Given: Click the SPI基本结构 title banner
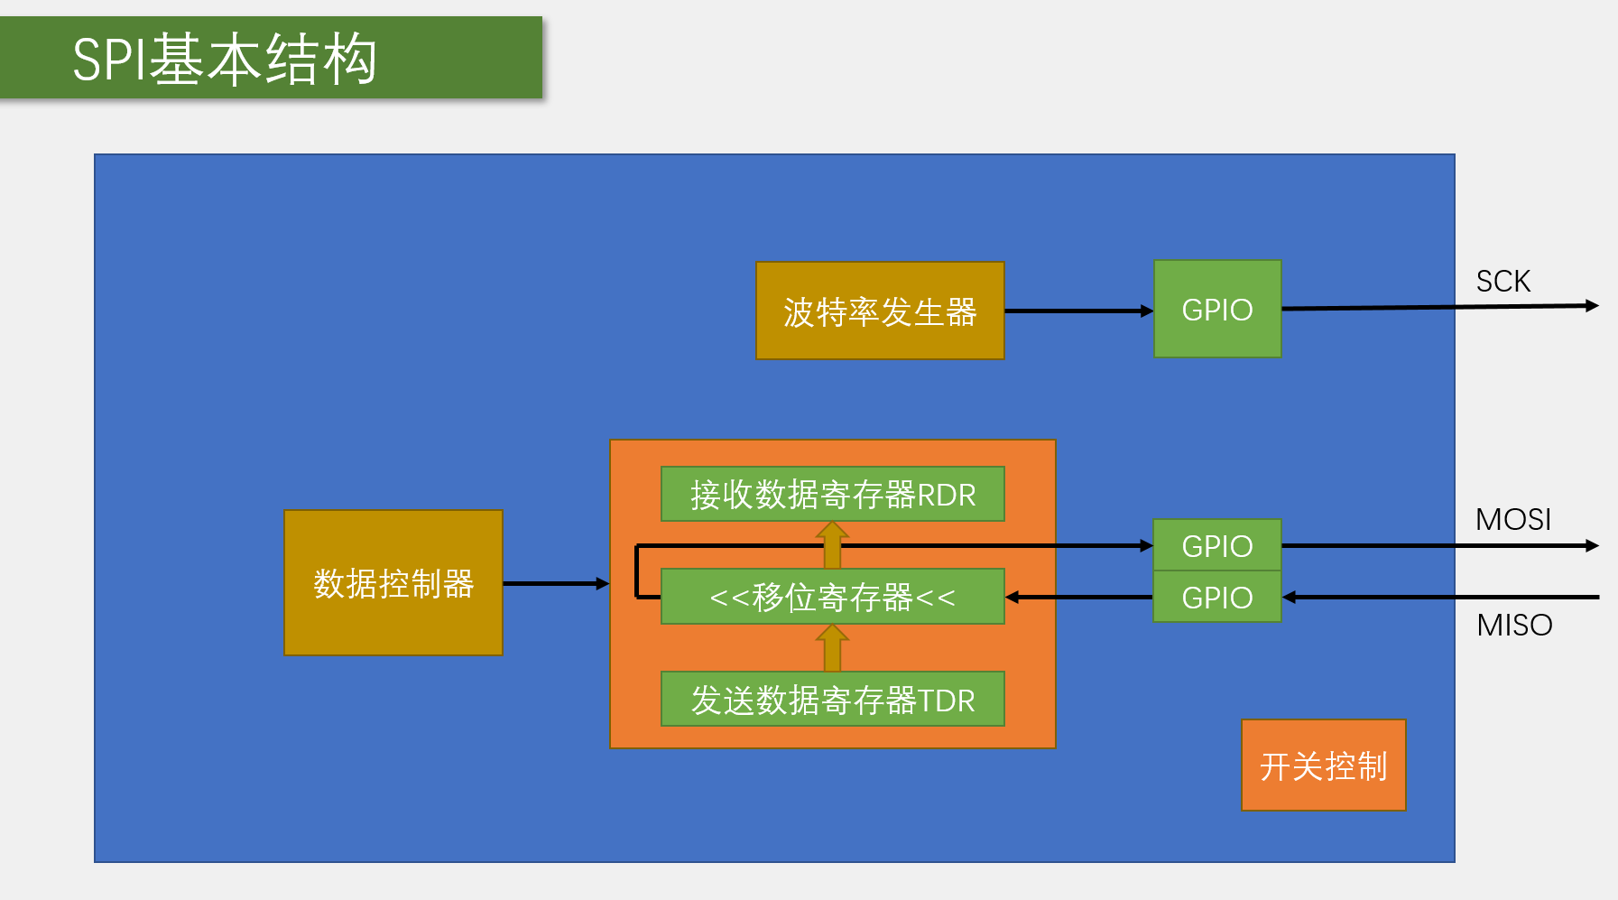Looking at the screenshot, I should tap(271, 58).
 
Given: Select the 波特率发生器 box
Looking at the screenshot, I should tap(880, 311).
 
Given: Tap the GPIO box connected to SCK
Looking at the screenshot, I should tap(1217, 310).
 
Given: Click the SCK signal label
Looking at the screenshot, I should tap(1502, 282).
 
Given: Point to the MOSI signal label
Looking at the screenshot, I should tap(1512, 520).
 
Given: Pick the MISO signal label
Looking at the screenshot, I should tap(1514, 625).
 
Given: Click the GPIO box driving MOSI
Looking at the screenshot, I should tap(1217, 545).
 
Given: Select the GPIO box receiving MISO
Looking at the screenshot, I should tap(1217, 597).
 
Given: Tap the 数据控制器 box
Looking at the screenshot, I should tap(393, 583).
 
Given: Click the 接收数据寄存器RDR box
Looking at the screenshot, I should tap(832, 495).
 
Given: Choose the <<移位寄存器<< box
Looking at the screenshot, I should tap(832, 597).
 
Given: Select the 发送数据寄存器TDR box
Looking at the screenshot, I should tap(832, 700).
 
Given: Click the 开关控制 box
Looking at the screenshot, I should tap(1323, 765).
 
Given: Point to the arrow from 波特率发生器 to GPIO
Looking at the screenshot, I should tap(1078, 311).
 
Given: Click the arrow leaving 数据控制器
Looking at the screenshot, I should tap(555, 584).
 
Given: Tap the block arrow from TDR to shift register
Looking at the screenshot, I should tap(832, 648).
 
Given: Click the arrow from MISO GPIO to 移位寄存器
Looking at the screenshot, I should tap(1078, 597).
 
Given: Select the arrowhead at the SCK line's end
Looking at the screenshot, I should tap(1592, 306).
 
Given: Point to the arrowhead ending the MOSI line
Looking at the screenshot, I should tap(1592, 545).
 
